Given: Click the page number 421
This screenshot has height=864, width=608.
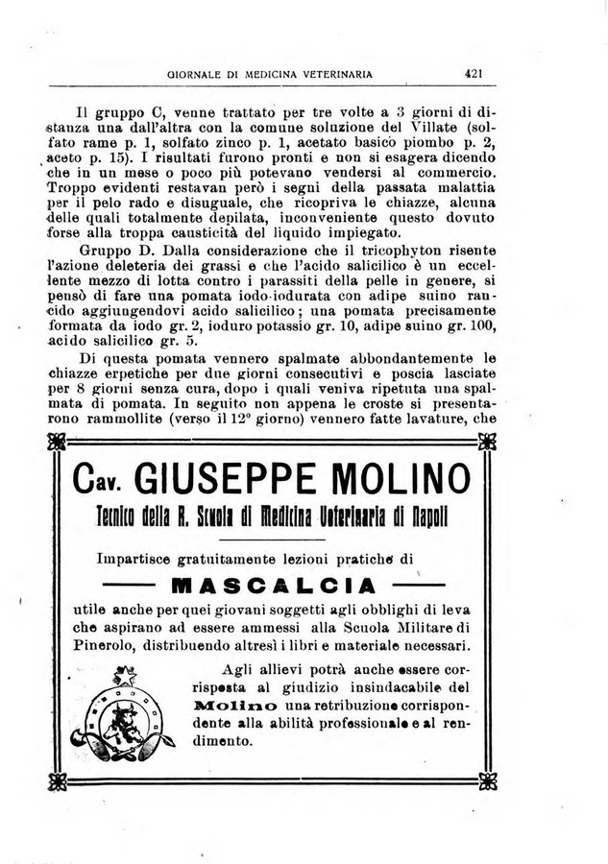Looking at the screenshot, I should point(473,71).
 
